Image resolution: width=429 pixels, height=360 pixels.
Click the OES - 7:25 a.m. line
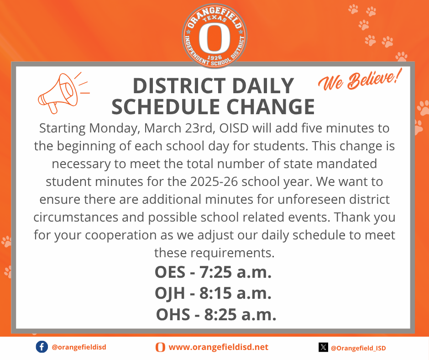(213, 272)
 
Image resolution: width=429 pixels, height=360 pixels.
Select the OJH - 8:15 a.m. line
(213, 293)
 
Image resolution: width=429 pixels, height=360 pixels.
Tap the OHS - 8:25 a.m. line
(216, 314)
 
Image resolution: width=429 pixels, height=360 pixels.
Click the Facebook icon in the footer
(42, 347)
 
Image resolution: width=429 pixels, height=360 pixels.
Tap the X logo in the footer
(323, 348)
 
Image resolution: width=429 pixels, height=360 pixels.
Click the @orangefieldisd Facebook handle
(79, 347)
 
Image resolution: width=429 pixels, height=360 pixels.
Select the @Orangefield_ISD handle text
(358, 348)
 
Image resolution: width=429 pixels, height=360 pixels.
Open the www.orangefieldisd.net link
(218, 347)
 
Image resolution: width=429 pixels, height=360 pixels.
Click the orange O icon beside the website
(160, 347)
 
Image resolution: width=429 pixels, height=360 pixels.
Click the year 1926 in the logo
(214, 58)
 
